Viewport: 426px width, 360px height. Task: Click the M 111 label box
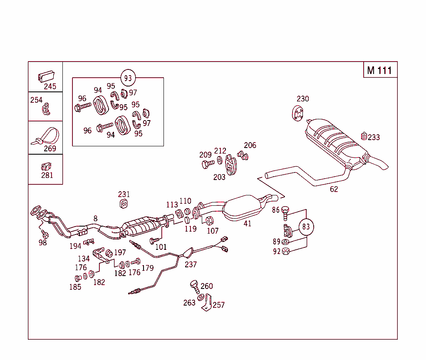coord(380,70)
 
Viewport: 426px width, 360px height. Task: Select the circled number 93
coord(128,78)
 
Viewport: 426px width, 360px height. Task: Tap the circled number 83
coord(306,227)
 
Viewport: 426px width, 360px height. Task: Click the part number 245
coord(50,86)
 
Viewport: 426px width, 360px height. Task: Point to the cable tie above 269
coord(46,136)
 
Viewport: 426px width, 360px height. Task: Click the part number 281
coord(47,175)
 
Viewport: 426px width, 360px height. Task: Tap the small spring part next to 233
coord(364,136)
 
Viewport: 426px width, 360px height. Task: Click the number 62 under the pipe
coord(334,189)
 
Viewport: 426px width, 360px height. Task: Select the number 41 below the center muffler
coord(248,224)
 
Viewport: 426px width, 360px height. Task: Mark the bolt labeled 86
coord(285,213)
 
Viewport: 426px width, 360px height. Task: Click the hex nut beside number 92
coord(285,251)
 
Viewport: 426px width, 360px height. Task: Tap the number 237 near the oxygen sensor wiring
coord(191,264)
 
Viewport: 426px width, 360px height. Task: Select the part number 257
coord(218,305)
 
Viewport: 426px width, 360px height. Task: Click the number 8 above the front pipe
coord(95,218)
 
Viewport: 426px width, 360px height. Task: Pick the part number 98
coord(42,243)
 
